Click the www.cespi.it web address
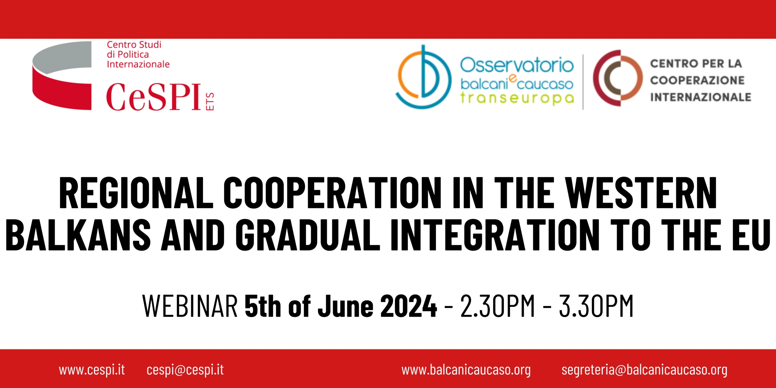point(92,370)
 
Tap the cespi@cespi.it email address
point(185,370)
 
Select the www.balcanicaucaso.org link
point(466,370)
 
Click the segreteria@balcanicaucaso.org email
point(644,370)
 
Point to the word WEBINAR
point(190,306)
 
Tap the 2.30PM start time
point(497,306)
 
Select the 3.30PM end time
point(596,306)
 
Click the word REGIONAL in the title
point(136,193)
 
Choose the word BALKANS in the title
point(78,235)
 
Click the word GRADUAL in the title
point(308,235)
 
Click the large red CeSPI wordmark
point(153,97)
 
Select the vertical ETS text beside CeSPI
point(210,101)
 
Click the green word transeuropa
point(517,98)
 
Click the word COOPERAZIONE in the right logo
point(697,80)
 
